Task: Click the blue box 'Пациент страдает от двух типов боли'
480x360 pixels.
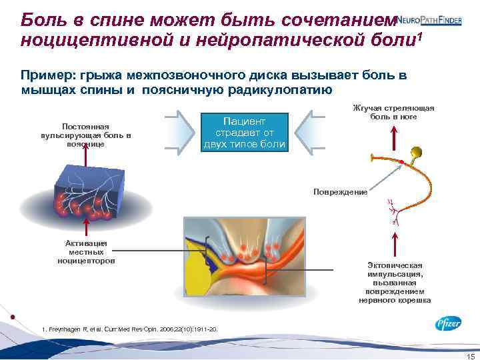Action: click(x=245, y=132)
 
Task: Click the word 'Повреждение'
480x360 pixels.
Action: click(x=341, y=192)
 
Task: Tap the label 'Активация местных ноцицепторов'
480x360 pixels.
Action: click(x=87, y=251)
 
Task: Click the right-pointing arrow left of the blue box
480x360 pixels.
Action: click(x=181, y=132)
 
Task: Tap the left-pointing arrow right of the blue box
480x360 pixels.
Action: click(x=308, y=132)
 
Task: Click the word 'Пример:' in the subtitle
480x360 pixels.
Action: click(x=45, y=75)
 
